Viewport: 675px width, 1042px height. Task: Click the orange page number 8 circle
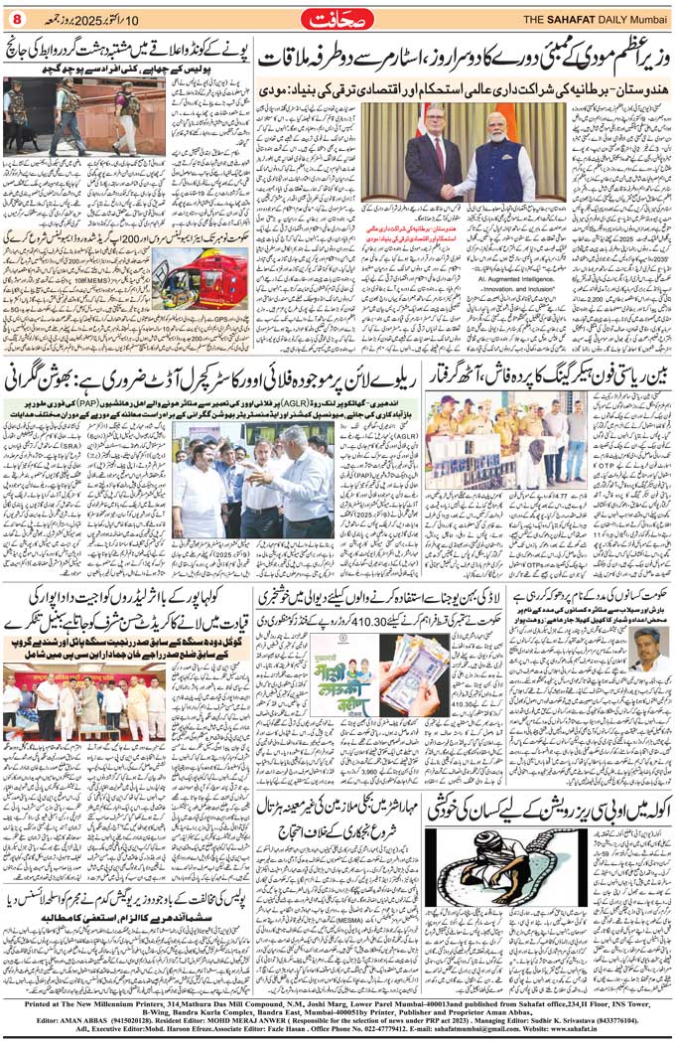click(x=16, y=17)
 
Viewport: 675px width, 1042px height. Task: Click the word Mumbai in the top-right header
click(x=650, y=18)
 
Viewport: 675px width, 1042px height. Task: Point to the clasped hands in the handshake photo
click(x=467, y=189)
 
